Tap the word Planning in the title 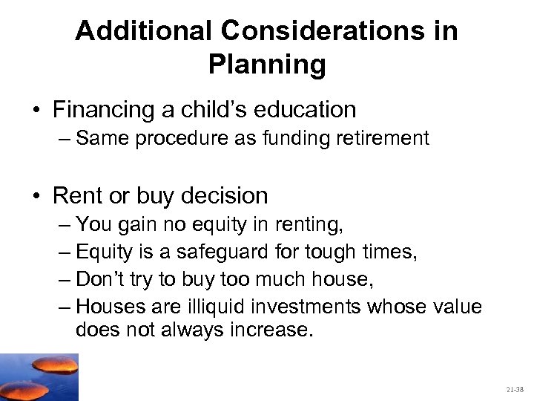pyautogui.click(x=267, y=65)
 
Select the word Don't pyautogui.click(x=99, y=279)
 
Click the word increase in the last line pyautogui.click(x=273, y=329)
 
